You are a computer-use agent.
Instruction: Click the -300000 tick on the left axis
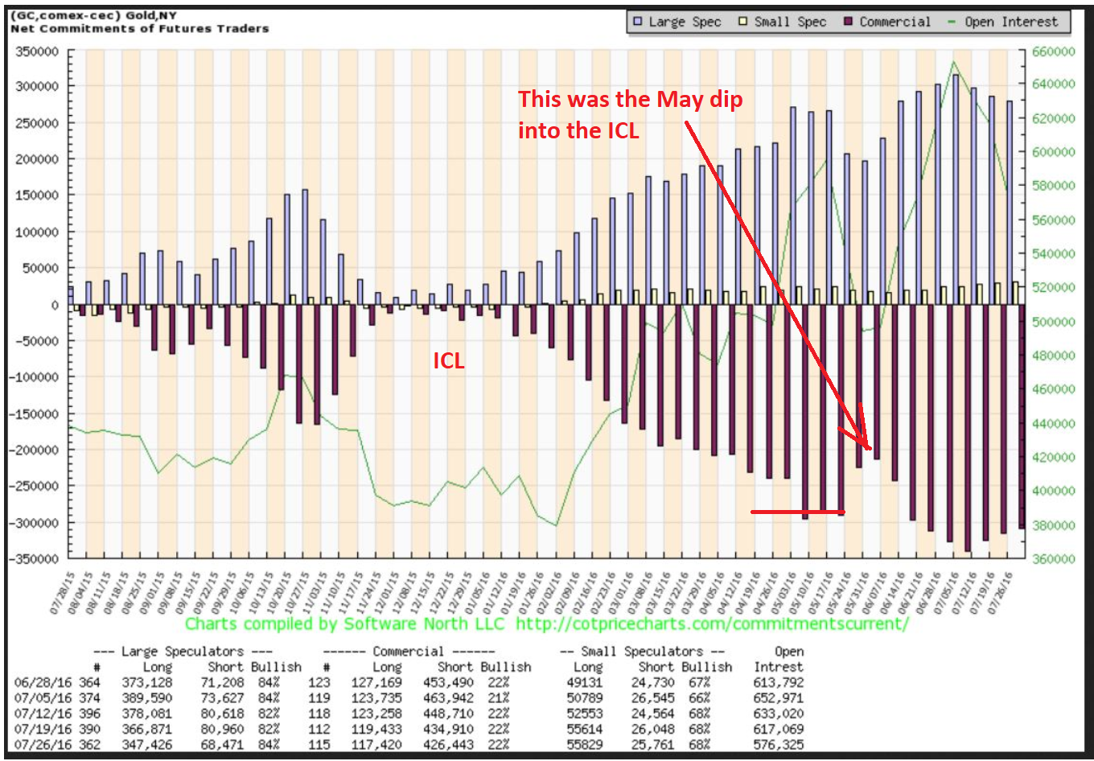click(x=35, y=523)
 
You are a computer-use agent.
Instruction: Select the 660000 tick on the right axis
click(x=1053, y=51)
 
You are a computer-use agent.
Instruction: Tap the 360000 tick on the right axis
click(x=1053, y=559)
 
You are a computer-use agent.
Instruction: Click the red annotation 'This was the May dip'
click(x=630, y=100)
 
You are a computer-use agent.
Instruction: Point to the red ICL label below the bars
click(x=449, y=361)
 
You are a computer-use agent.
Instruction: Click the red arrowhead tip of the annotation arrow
click(x=869, y=448)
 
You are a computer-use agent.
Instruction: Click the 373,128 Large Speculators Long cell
click(x=146, y=682)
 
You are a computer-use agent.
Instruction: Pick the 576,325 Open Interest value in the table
click(x=778, y=744)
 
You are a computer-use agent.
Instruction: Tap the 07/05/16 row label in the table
click(x=38, y=697)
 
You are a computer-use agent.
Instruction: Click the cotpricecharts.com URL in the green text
click(x=712, y=624)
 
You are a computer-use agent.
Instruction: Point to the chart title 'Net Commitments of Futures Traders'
click(x=139, y=28)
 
